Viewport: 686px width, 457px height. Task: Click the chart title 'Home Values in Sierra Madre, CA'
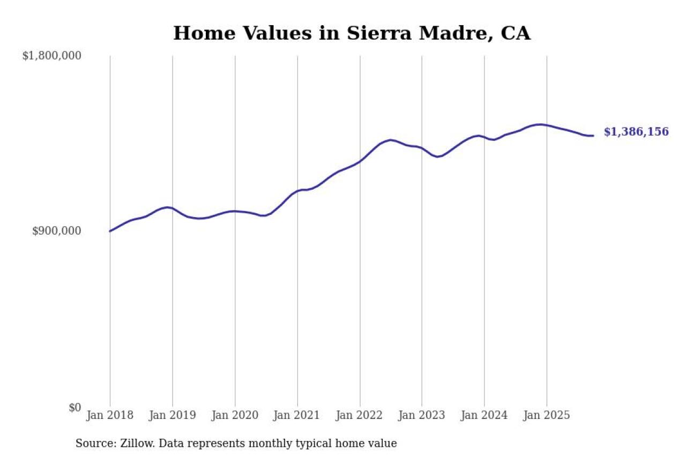352,33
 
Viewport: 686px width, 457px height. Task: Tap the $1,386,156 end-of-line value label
636,132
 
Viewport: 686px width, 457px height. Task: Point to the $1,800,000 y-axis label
51,56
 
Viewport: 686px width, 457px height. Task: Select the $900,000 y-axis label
56,231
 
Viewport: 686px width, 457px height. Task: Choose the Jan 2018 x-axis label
110,416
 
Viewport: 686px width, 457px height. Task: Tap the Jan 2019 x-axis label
173,416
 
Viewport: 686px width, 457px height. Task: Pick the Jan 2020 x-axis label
235,416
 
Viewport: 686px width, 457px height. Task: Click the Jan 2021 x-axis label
297,416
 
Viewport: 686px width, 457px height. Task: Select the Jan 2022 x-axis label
360,416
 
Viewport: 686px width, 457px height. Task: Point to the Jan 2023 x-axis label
422,416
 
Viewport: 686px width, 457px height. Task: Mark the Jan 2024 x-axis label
484,416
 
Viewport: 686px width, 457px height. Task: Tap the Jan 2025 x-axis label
547,416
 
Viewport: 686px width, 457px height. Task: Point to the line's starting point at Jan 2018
110,231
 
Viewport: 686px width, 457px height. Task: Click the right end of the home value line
593,136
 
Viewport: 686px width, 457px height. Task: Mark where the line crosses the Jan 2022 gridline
360,160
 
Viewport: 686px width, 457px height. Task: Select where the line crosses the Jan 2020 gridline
235,211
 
